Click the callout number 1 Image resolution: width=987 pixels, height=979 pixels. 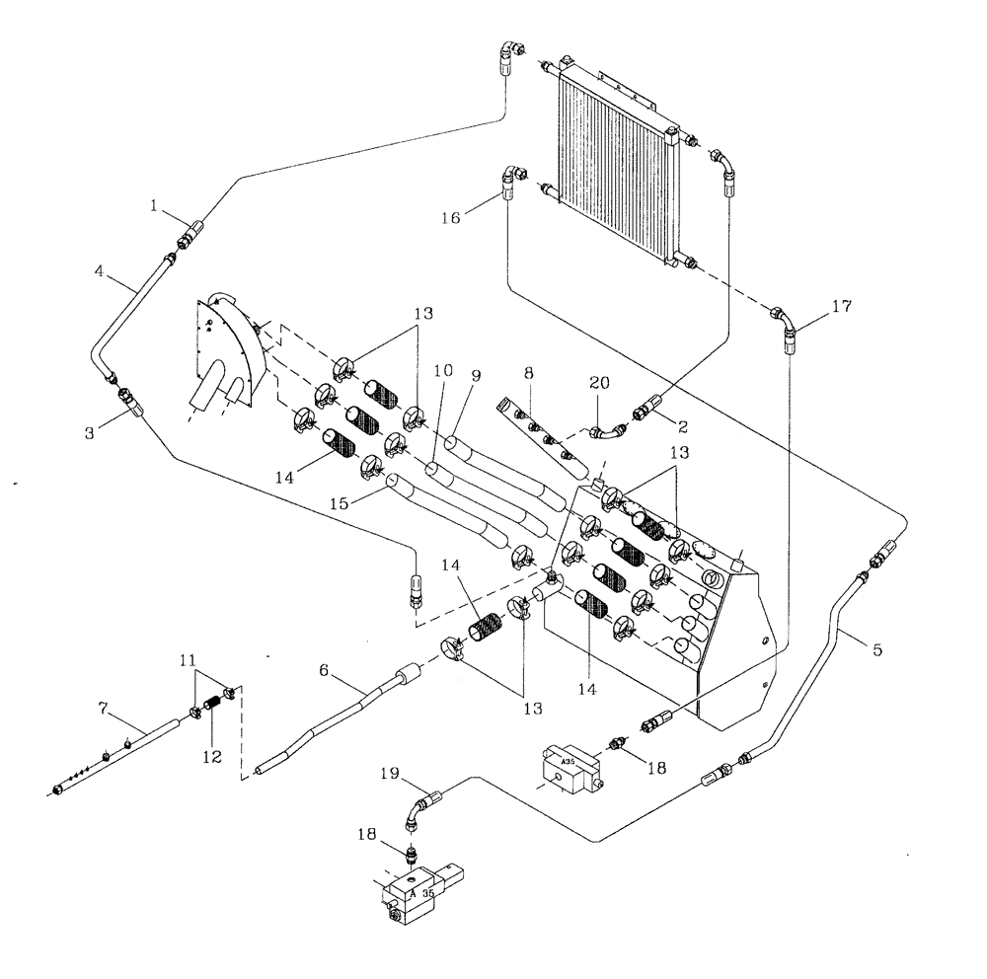(155, 205)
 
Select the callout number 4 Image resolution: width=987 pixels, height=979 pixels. (100, 267)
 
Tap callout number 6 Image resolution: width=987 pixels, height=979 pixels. (323, 668)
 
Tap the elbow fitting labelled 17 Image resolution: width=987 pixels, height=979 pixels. (785, 327)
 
